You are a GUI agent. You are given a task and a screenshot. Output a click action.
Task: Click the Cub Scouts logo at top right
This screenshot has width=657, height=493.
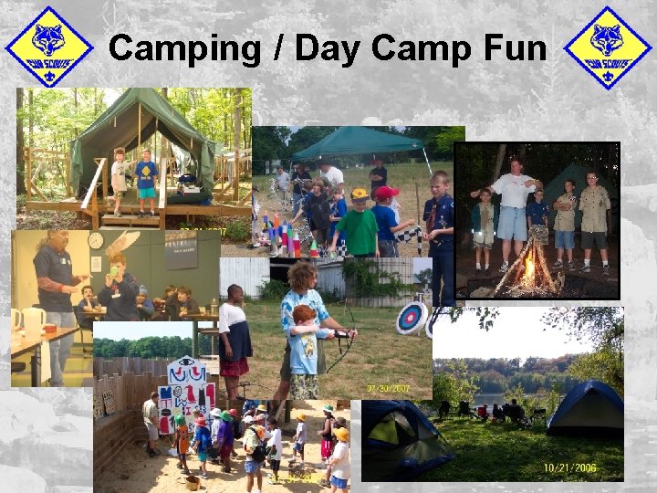pyautogui.click(x=607, y=47)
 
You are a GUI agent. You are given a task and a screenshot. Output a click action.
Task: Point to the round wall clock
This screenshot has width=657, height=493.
pyautogui.click(x=96, y=240)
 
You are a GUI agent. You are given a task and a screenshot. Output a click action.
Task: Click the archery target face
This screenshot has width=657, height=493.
pyautogui.click(x=411, y=318)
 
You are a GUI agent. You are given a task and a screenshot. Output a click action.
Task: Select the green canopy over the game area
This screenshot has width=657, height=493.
pyautogui.click(x=358, y=143)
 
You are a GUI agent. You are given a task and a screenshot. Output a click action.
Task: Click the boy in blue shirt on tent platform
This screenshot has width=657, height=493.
pyautogui.click(x=146, y=181)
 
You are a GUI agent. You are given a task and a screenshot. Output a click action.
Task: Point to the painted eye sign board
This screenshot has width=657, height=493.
pyautogui.click(x=186, y=393)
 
